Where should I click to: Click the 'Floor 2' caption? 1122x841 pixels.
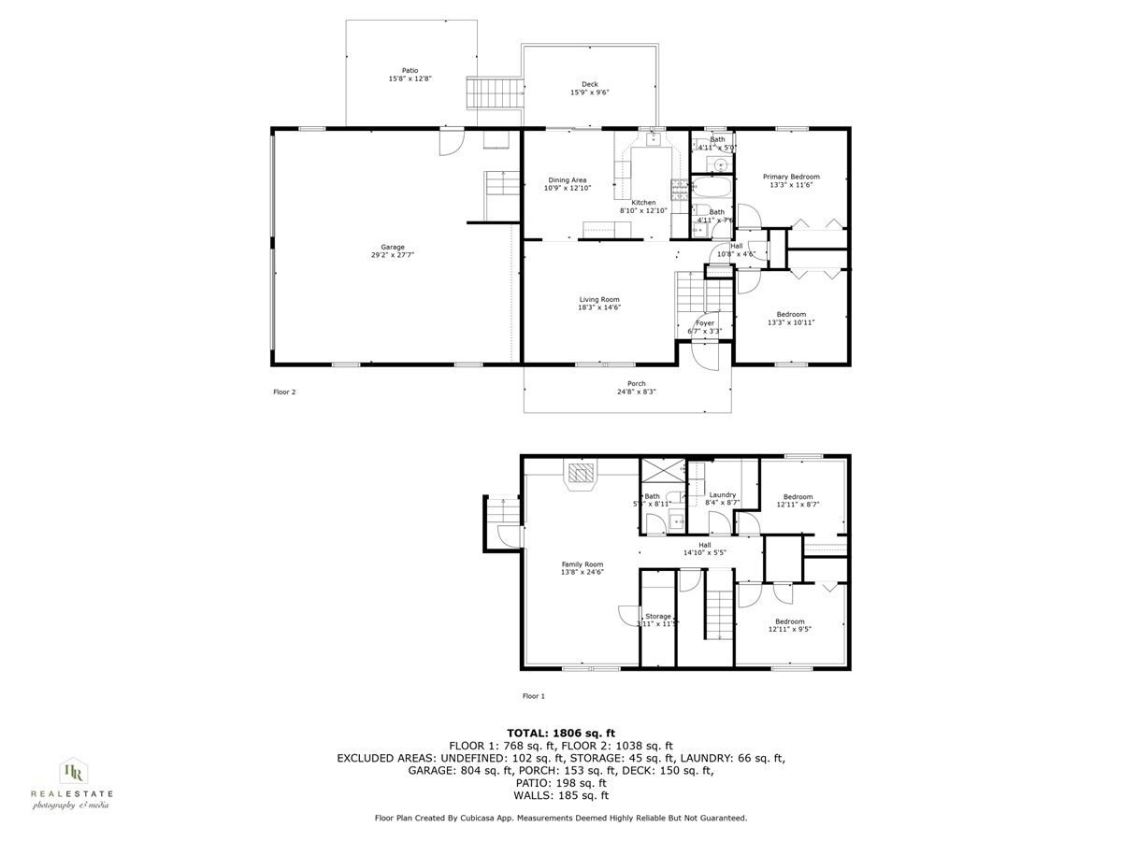coord(283,392)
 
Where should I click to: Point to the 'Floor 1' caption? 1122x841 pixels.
coord(533,696)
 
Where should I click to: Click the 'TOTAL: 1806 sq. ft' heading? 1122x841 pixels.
coord(560,733)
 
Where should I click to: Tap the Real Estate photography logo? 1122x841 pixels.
coord(72,783)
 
